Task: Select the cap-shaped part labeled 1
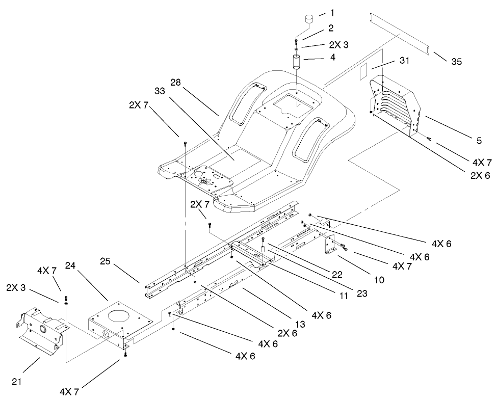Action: (309, 19)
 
